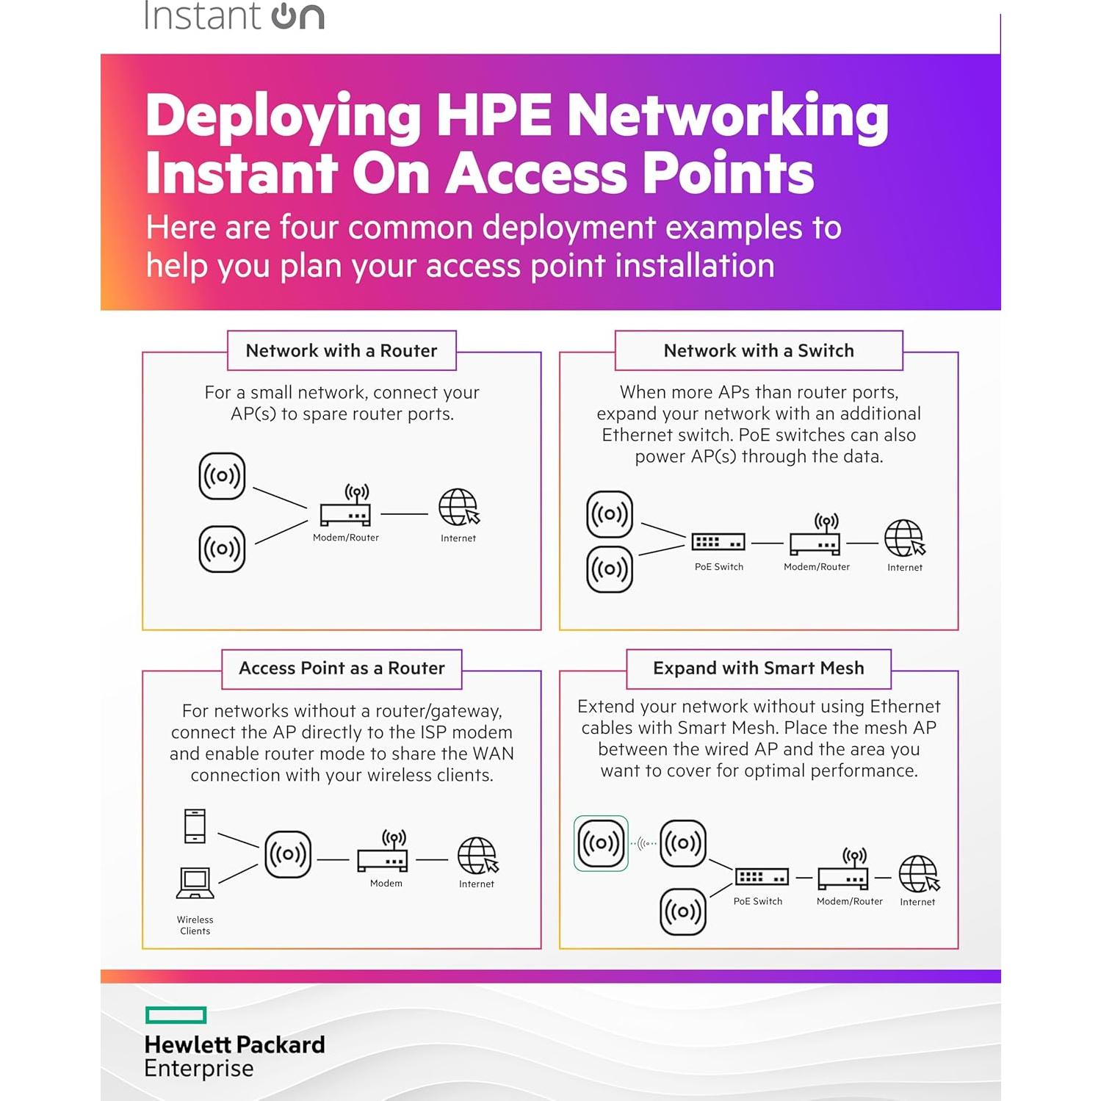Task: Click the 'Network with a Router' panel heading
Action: point(342,351)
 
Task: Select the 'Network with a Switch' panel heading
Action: point(759,351)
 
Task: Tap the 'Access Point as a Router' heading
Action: point(342,668)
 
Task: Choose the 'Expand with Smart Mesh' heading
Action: point(759,668)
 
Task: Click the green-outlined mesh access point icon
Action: point(601,843)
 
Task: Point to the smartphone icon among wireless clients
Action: point(195,826)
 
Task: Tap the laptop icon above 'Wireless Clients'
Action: point(195,883)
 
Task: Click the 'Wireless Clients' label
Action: point(195,925)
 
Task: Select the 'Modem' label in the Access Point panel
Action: point(386,884)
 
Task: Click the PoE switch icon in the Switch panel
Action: point(718,542)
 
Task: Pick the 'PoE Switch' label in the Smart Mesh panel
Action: point(758,901)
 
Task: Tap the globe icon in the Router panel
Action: point(458,508)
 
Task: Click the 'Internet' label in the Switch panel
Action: point(905,568)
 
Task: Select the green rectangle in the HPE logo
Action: point(176,1015)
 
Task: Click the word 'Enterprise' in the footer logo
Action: point(199,1069)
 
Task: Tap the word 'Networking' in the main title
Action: point(727,116)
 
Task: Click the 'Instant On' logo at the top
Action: point(234,16)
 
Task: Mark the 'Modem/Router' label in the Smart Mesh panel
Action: point(850,901)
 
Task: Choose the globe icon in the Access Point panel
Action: point(477,856)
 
